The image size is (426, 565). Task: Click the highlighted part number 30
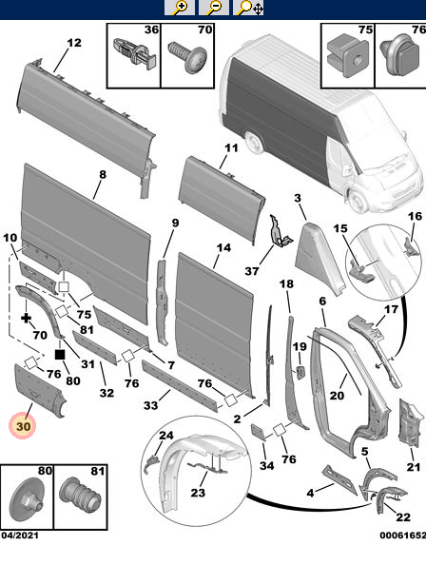click(x=24, y=427)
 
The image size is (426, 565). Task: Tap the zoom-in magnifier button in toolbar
click(x=179, y=8)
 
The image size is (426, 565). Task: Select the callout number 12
click(x=74, y=42)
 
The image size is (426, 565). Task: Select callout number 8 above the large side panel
click(x=102, y=175)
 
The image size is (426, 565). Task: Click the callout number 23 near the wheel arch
click(x=197, y=492)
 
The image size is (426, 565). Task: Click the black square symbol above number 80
click(x=60, y=354)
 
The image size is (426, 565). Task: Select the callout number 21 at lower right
click(x=412, y=466)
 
